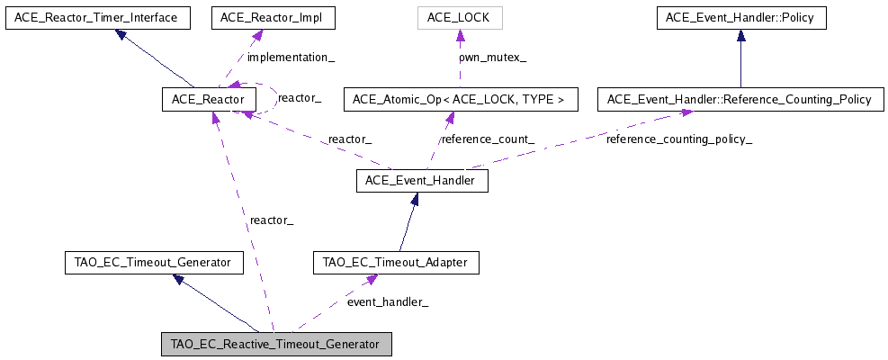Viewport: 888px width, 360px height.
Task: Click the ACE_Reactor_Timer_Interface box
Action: pos(97,17)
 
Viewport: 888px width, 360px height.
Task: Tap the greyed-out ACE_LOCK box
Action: pos(460,17)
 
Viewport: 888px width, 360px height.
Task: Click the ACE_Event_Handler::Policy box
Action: pos(740,17)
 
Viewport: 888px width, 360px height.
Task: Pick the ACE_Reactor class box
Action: pos(209,99)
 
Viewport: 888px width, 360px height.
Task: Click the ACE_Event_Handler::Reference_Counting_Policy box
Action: pos(740,99)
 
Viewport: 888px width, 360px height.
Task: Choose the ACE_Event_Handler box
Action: pos(422,181)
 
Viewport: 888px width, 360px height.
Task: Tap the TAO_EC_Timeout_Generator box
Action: pos(154,263)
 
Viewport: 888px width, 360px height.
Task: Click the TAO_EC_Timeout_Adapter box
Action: pos(395,263)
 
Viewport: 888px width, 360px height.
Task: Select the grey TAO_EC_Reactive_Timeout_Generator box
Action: pos(275,345)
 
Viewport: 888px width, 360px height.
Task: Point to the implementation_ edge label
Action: pos(291,57)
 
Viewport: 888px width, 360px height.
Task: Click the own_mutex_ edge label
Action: pos(493,57)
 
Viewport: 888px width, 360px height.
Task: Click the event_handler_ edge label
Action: pos(388,301)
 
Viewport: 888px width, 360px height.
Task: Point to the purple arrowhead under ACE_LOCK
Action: pos(460,36)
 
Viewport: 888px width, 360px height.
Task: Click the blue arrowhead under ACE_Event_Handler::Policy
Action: pos(740,36)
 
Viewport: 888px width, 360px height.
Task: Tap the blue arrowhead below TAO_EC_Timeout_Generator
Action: pos(180,281)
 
